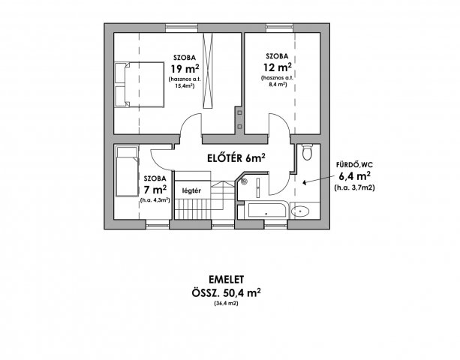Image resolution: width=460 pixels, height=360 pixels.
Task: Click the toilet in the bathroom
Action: [307, 151]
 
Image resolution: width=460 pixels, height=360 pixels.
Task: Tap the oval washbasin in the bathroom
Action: [300, 211]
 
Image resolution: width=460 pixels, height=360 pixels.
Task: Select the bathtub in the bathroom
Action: [267, 209]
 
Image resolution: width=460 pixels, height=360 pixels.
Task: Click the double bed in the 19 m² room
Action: [139, 85]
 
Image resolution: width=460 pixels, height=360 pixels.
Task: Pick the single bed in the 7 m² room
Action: [127, 171]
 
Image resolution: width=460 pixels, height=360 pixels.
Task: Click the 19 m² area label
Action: [185, 69]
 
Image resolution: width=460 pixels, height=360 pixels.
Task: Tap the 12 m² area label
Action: [277, 67]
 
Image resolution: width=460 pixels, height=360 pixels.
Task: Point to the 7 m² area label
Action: [155, 190]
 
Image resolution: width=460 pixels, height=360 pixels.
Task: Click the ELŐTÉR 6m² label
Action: [236, 158]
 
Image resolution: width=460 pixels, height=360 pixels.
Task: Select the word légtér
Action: [191, 190]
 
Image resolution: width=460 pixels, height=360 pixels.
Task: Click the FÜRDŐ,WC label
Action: [354, 165]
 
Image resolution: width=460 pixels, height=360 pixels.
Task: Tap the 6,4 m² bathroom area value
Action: [354, 176]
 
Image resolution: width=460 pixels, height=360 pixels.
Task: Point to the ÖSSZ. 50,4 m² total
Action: [226, 292]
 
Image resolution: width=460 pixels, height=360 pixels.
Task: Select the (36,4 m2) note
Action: [226, 304]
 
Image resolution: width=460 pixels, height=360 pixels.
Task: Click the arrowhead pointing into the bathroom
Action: [305, 183]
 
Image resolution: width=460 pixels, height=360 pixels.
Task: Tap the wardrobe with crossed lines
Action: [208, 70]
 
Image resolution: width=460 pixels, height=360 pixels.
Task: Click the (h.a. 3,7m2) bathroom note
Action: [354, 187]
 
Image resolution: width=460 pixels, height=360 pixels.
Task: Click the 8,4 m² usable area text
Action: [277, 85]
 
